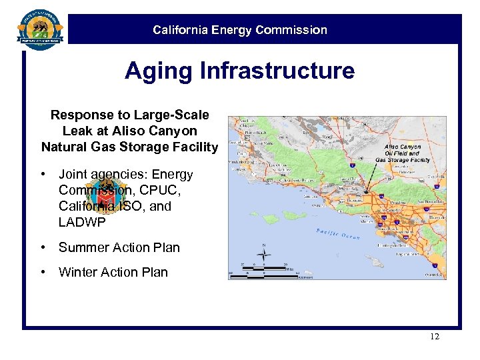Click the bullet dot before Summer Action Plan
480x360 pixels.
click(43, 247)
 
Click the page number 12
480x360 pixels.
click(434, 337)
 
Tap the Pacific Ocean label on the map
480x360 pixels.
click(337, 234)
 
